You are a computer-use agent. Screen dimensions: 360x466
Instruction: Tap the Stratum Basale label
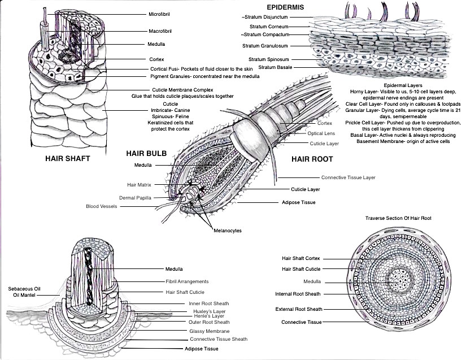[269, 67]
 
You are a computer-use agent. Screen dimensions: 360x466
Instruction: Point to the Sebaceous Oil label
[24, 288]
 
